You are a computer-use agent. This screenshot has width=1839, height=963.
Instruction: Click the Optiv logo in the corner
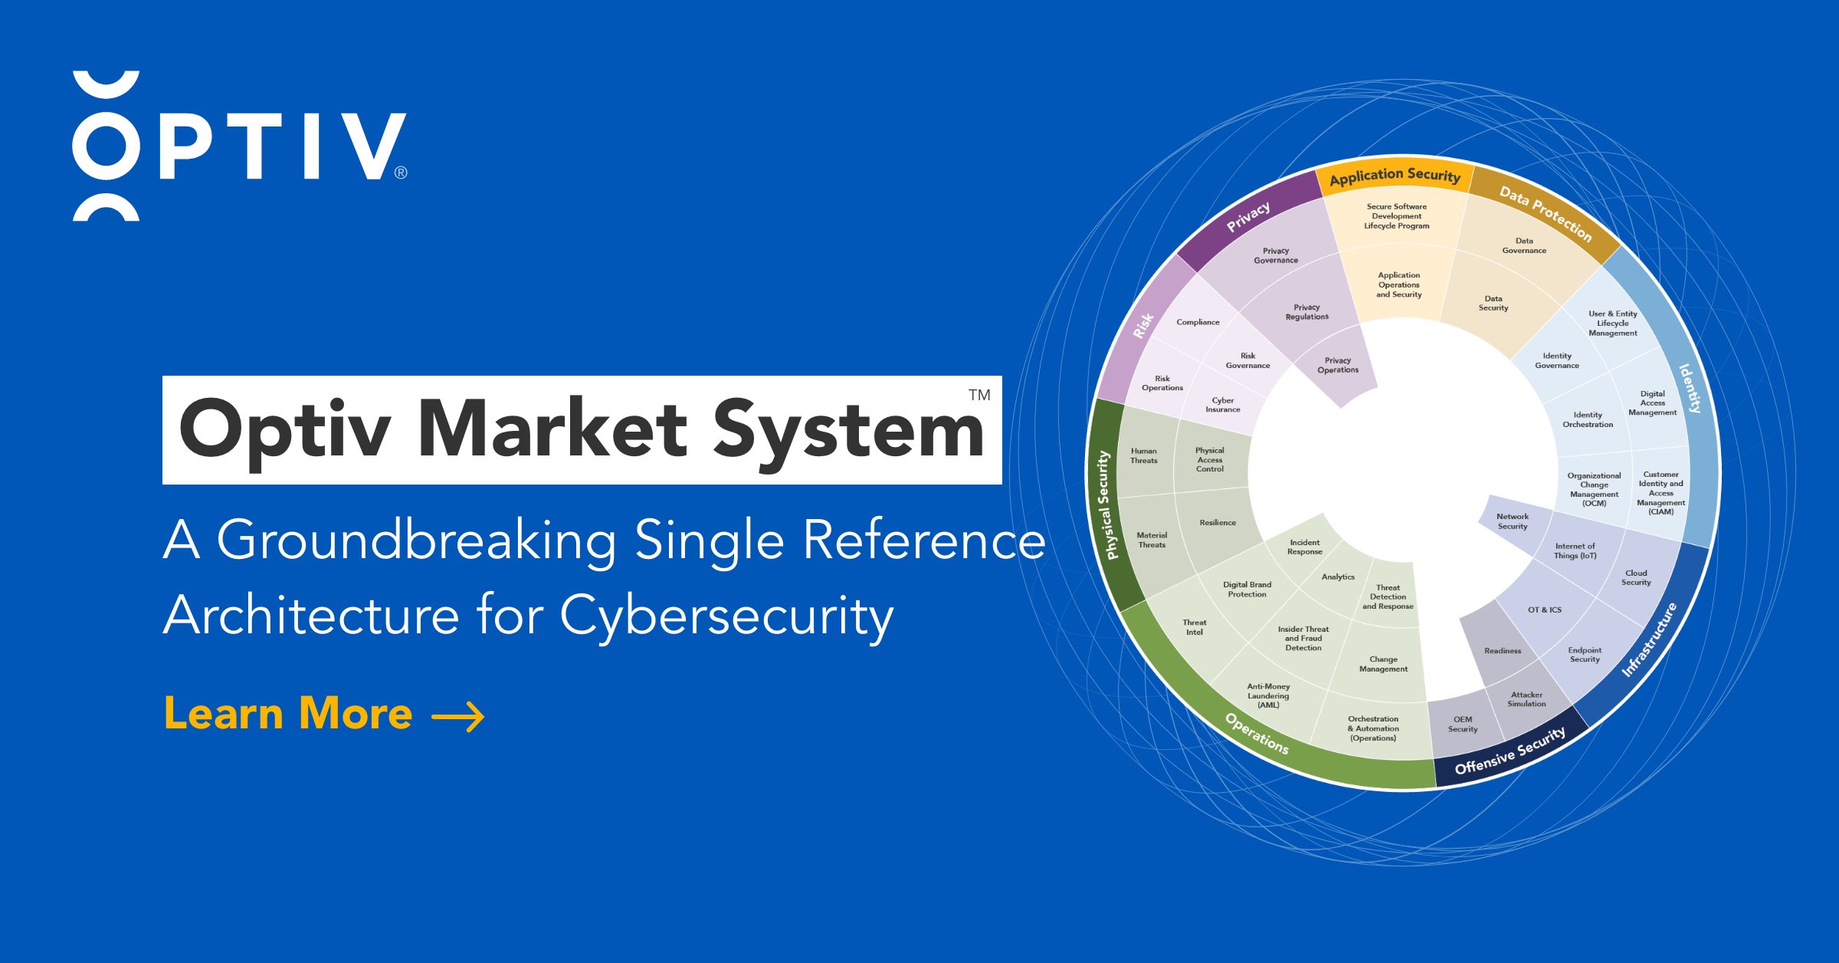coord(239,146)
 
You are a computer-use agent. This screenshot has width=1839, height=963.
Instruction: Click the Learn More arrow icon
coord(458,717)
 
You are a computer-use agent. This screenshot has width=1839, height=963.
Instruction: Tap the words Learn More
coord(288,714)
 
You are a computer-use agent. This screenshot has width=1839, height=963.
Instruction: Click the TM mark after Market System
coord(979,396)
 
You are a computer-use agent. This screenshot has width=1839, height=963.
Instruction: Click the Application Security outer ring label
coord(1395,176)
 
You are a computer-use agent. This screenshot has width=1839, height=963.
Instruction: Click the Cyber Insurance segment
coord(1222,405)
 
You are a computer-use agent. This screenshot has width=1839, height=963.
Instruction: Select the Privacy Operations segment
coord(1338,366)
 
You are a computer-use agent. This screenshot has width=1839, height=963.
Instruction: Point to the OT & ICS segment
coord(1544,610)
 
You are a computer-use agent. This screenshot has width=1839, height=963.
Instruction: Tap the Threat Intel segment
coord(1194,627)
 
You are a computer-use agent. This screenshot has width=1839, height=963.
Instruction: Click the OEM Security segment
coord(1462,725)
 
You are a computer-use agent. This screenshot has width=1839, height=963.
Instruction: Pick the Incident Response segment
coord(1304,547)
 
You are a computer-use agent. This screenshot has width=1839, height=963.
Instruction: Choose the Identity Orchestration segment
coord(1588,420)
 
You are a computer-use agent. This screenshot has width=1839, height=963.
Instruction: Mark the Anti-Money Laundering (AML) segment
coord(1268,695)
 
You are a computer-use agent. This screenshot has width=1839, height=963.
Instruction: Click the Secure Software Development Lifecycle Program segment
coord(1396,216)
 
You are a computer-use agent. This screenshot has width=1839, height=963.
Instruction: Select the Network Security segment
coord(1512,521)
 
